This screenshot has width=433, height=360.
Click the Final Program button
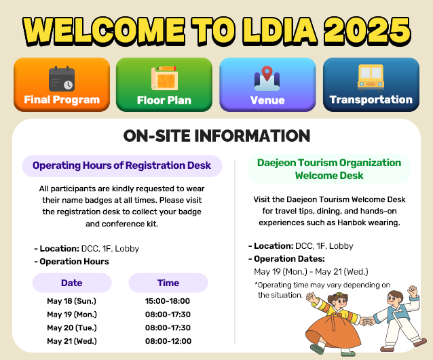click(x=62, y=85)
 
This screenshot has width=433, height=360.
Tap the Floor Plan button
click(x=164, y=85)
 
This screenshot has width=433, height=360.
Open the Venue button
click(x=267, y=85)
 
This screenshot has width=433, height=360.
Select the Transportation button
click(x=371, y=85)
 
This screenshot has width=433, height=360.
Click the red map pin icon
click(x=267, y=73)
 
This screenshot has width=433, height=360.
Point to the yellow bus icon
click(x=371, y=78)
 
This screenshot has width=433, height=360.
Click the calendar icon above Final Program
click(x=62, y=79)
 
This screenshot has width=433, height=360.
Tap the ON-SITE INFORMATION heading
click(x=216, y=136)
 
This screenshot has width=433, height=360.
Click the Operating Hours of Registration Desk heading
click(x=121, y=165)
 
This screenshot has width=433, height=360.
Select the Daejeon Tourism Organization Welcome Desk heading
click(x=329, y=169)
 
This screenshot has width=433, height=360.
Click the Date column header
click(x=72, y=283)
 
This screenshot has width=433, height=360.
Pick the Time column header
click(x=168, y=283)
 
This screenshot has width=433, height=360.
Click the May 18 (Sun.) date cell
click(x=72, y=301)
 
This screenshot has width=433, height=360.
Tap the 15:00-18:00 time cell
click(x=168, y=301)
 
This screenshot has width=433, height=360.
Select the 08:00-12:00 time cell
click(x=168, y=341)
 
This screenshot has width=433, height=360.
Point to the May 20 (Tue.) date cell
click(x=72, y=327)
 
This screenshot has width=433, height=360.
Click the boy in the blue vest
click(x=398, y=320)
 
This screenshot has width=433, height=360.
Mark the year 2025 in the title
click(x=367, y=31)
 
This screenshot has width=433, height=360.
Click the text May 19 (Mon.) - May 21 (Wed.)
click(x=312, y=272)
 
